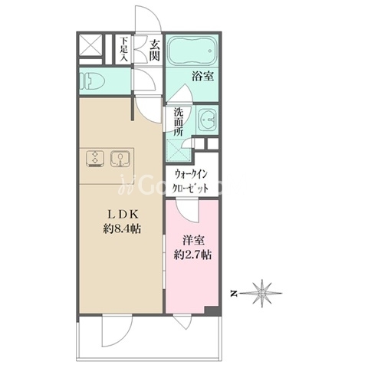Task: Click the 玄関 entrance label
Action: pyautogui.click(x=155, y=51)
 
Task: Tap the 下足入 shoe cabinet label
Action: pyautogui.click(x=124, y=49)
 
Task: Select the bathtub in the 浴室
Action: pyautogui.click(x=192, y=51)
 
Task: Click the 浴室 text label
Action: pyautogui.click(x=203, y=77)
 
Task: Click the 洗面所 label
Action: pyautogui.click(x=179, y=122)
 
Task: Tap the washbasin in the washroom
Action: pyautogui.click(x=208, y=120)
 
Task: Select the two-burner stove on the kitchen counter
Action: pyautogui.click(x=95, y=159)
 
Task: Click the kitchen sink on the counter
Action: pyautogui.click(x=120, y=159)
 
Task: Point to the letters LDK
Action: pyautogui.click(x=123, y=215)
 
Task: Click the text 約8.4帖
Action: pyautogui.click(x=122, y=228)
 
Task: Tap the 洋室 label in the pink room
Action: pyautogui.click(x=193, y=241)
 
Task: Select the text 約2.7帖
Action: pyautogui.click(x=192, y=255)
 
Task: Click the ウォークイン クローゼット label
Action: pyautogui.click(x=190, y=182)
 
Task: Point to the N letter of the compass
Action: pyautogui.click(x=233, y=294)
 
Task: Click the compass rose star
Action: pyautogui.click(x=262, y=293)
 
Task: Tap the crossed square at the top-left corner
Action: pyautogui.click(x=90, y=46)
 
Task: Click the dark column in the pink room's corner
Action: pyautogui.click(x=212, y=310)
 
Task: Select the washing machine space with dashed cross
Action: pyautogui.click(x=178, y=150)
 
